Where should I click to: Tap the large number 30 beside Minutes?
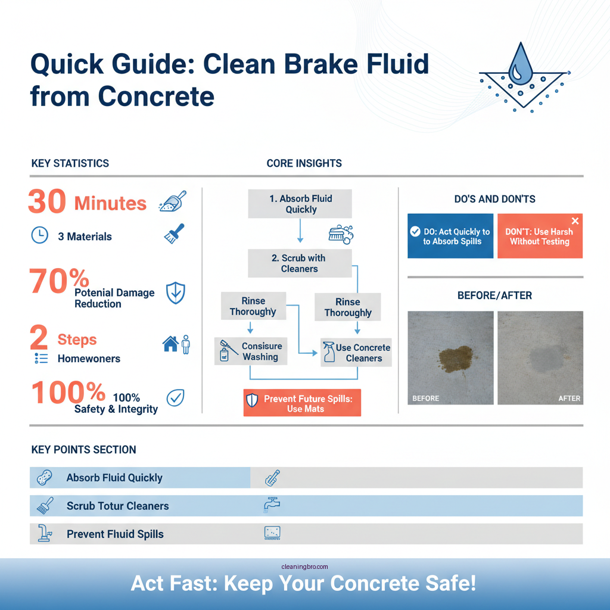click(46, 203)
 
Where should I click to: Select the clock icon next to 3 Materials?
click(39, 236)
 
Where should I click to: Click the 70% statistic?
click(60, 281)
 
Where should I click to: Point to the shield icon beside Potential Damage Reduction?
click(175, 293)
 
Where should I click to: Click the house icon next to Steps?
click(170, 344)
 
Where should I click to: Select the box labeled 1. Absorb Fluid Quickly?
click(300, 204)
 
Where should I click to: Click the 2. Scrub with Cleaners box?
click(300, 263)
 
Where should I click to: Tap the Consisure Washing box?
click(251, 351)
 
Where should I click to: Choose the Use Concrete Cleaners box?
click(356, 353)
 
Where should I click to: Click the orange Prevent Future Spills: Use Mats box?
click(302, 403)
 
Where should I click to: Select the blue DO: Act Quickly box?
click(450, 236)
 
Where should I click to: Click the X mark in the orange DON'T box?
click(575, 221)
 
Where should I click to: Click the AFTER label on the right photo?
click(569, 399)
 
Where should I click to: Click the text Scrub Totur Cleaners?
click(117, 506)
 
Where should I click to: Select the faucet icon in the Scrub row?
click(272, 505)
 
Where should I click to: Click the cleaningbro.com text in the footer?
click(304, 567)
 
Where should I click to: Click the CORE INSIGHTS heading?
click(304, 163)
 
